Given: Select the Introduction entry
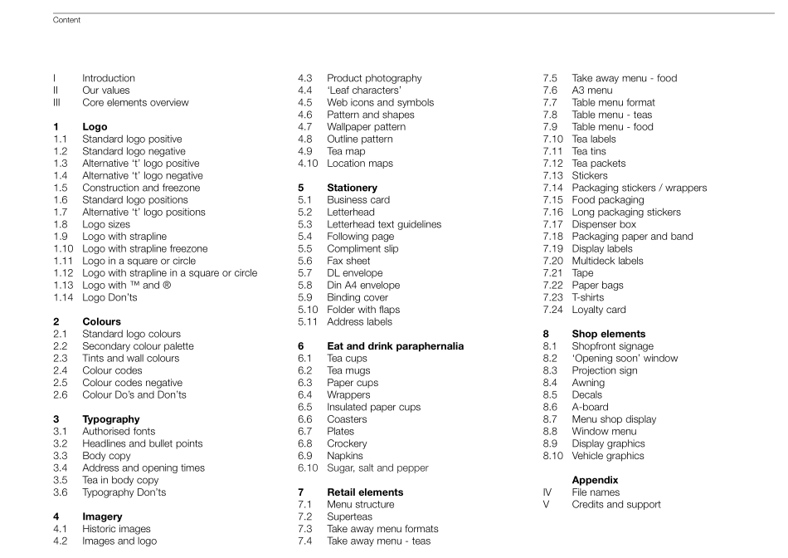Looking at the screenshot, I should point(108,78).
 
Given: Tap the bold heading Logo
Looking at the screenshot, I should point(95,127).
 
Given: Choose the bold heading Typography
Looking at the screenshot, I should point(110,419).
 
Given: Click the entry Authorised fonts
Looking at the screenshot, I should point(119,432).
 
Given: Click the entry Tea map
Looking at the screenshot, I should point(349,151).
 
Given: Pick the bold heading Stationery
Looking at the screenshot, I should point(358,188).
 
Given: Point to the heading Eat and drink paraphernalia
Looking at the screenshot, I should point(395,346).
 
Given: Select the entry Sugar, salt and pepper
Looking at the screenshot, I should point(377,468).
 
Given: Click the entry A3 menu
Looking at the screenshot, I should point(592,91).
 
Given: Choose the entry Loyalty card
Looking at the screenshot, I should point(599,310).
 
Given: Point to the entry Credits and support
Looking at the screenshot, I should point(616,504).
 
